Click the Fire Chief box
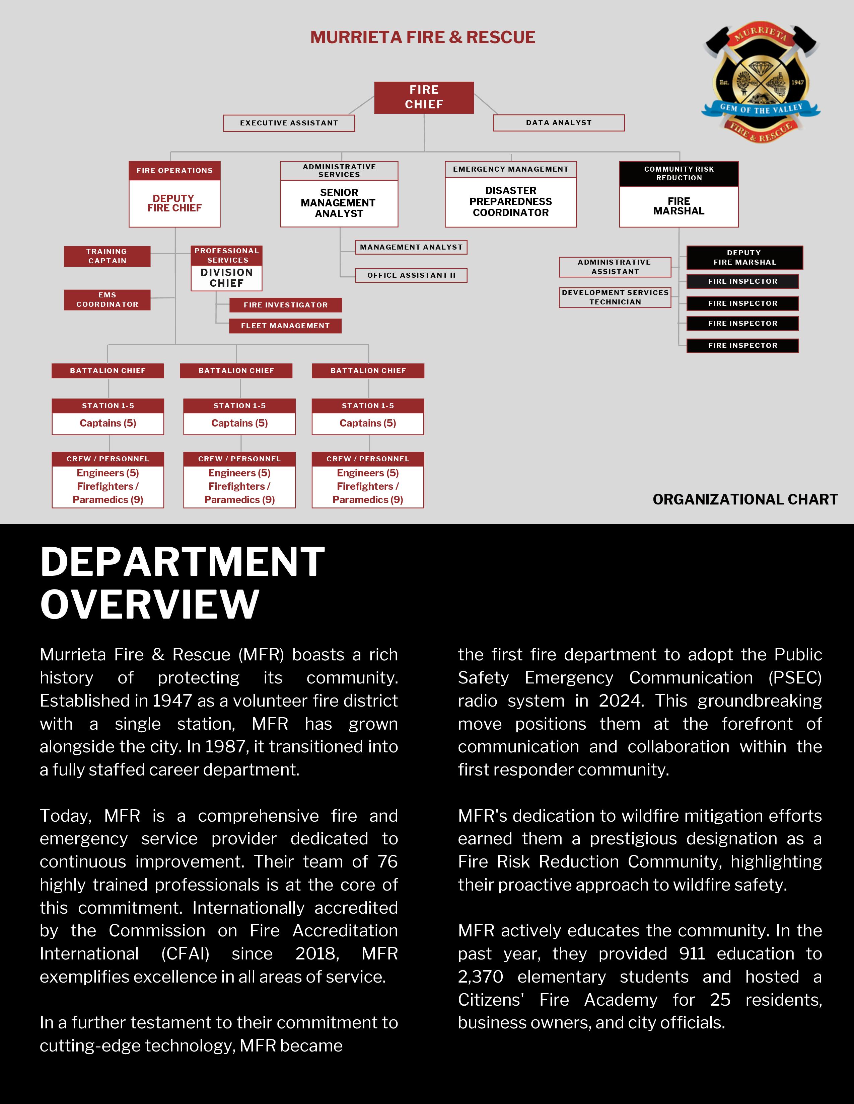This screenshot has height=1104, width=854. pos(424,97)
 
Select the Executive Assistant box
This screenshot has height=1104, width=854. pos(289,123)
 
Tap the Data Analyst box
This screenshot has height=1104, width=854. pos(559,123)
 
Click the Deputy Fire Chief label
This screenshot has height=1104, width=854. pos(174,203)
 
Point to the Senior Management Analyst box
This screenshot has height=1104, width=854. pos(339,203)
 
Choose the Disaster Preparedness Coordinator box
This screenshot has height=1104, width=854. pos(510,202)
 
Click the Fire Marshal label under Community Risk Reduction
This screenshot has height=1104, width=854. pos(679,206)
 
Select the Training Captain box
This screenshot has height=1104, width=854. pos(107,256)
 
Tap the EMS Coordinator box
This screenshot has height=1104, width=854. pos(107,300)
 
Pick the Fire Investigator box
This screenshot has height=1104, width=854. pos(285,305)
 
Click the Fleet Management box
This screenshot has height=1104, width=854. pos(285,326)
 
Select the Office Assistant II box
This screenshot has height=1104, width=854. pos(411,275)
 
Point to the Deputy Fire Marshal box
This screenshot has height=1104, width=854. pos(744,257)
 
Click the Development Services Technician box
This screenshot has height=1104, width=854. pos(615,297)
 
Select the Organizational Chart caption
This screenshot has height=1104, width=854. pos(745,499)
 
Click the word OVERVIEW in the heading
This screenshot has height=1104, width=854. pos(150,604)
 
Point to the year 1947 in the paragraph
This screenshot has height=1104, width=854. pos(172,701)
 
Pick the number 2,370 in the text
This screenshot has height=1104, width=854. pos(480,977)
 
